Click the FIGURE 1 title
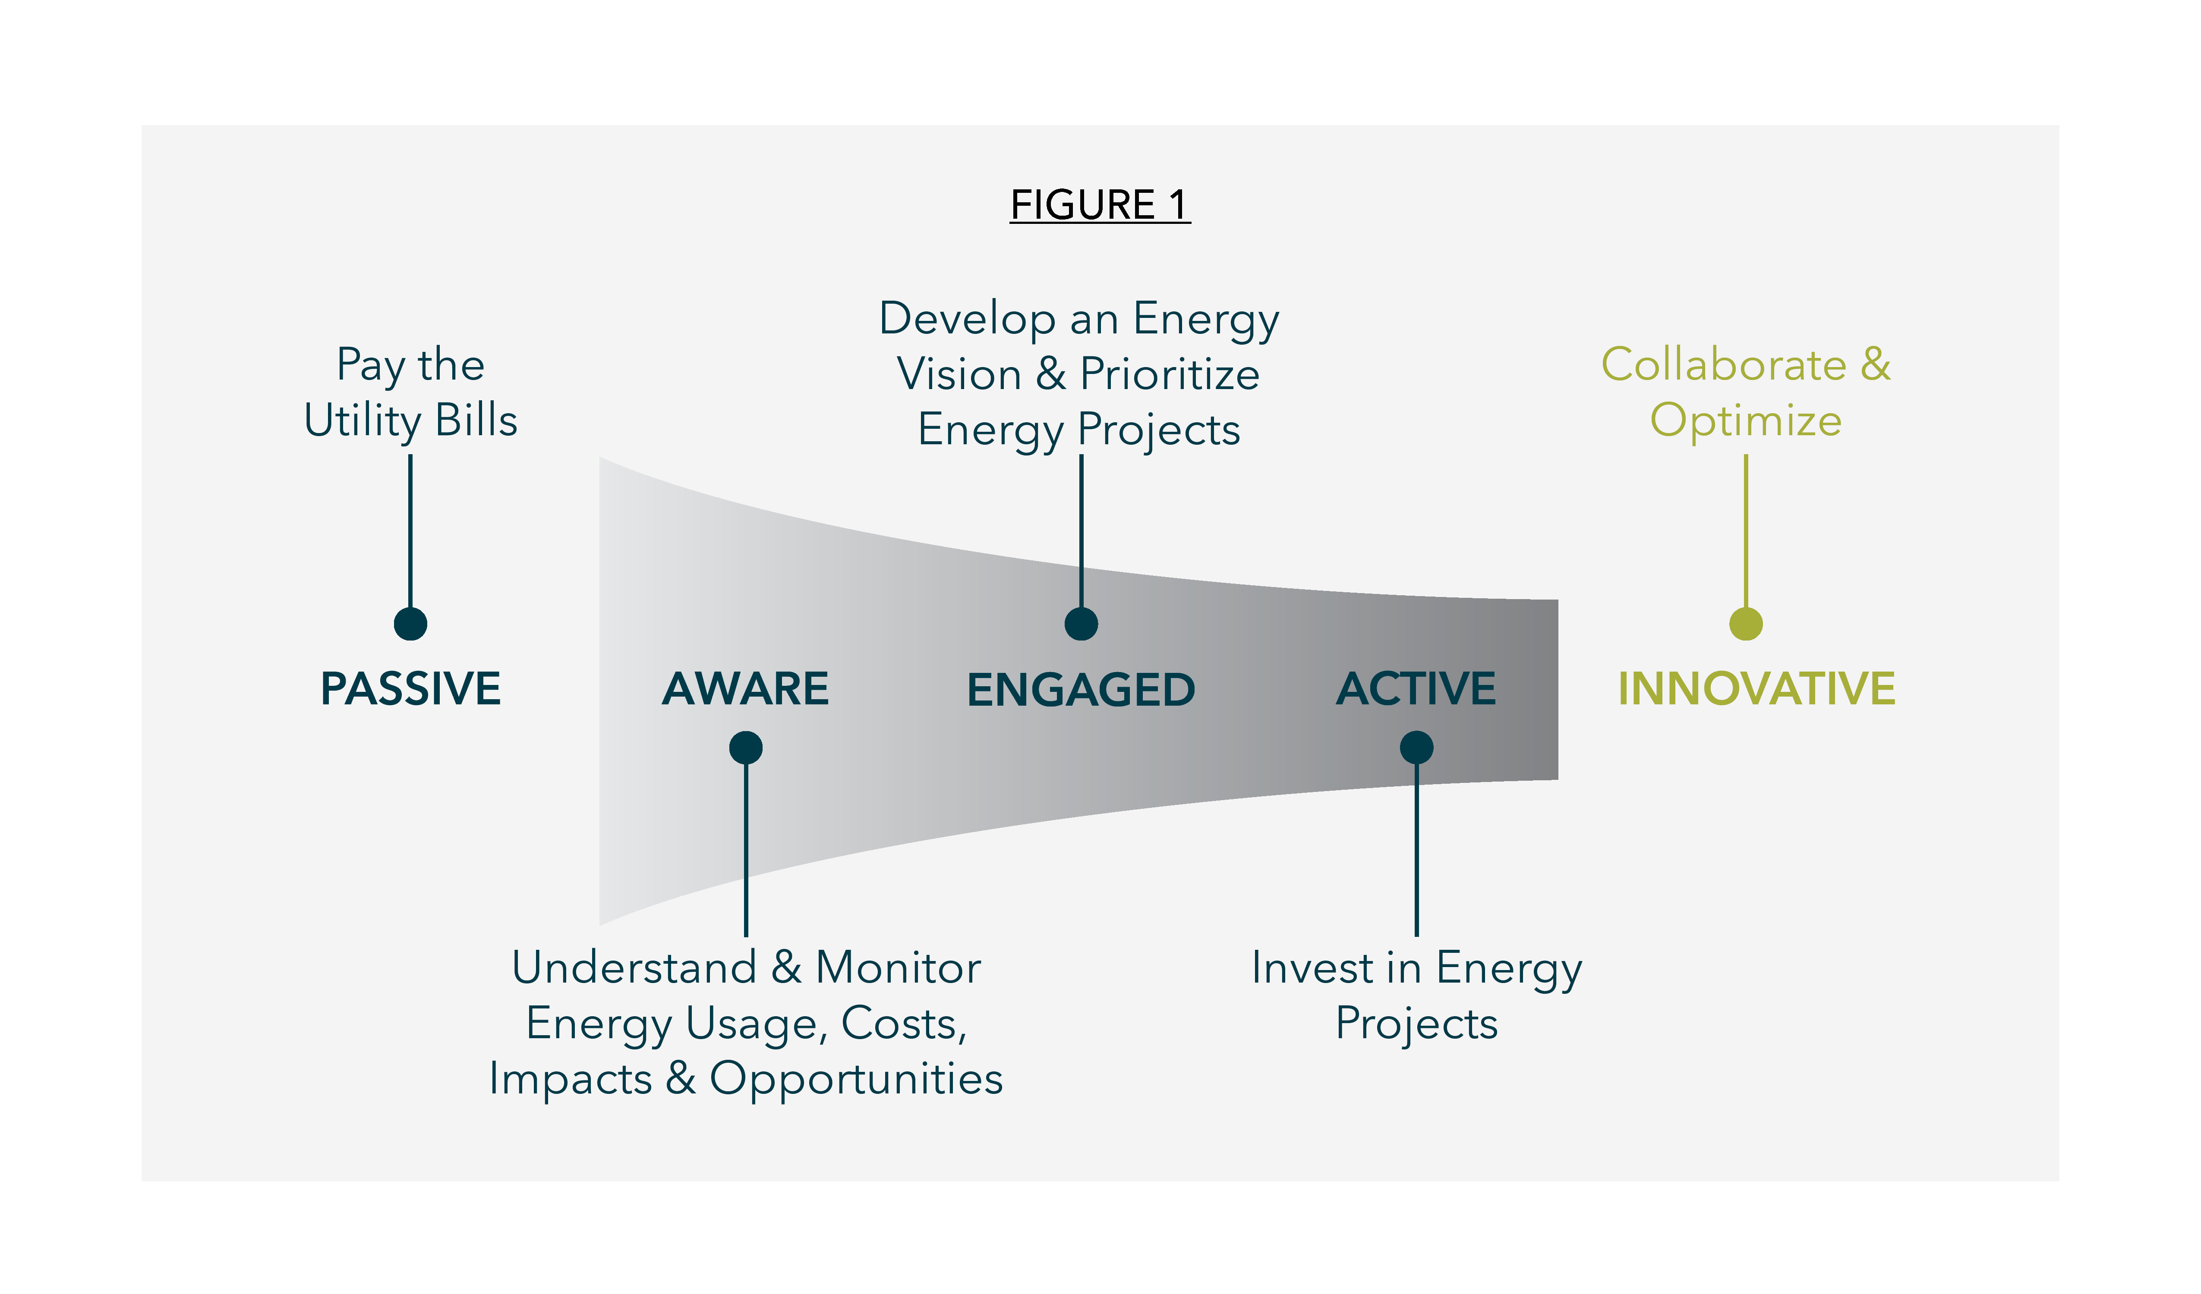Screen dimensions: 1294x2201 1100,205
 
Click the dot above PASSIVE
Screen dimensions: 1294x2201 410,623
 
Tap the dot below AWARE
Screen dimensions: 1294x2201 746,748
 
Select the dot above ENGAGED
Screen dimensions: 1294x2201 1081,623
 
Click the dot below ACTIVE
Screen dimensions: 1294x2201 1417,748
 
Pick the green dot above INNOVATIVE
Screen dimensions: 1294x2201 1746,623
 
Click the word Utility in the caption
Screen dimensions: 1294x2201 363,421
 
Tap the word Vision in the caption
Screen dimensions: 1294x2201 959,374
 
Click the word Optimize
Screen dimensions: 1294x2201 1746,421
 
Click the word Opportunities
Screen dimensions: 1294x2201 856,1079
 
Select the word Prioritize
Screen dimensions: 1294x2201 1170,374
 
